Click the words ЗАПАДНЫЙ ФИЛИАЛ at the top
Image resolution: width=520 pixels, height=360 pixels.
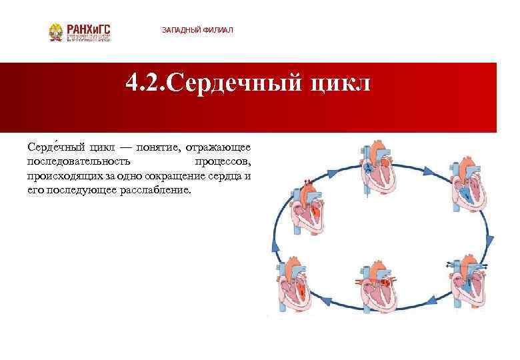pyautogui.click(x=197, y=31)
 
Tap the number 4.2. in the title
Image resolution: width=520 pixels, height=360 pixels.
pyautogui.click(x=145, y=85)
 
